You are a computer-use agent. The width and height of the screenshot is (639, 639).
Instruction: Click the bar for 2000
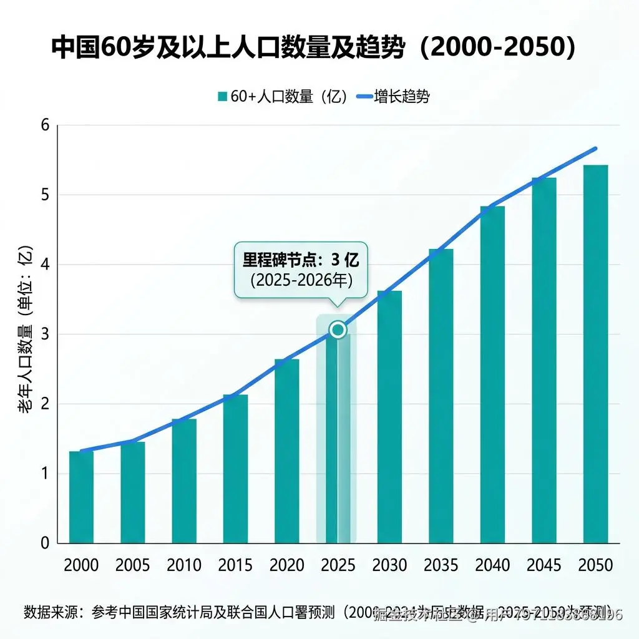click(81, 497)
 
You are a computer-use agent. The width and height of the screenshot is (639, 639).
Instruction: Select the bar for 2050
click(595, 354)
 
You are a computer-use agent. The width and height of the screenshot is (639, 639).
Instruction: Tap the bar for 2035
click(441, 396)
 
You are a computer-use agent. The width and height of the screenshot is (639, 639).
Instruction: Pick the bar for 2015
click(235, 469)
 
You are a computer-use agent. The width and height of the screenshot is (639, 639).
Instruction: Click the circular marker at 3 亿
click(338, 329)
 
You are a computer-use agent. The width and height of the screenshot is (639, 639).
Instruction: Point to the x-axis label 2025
click(338, 565)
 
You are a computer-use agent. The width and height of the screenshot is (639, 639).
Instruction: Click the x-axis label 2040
click(492, 565)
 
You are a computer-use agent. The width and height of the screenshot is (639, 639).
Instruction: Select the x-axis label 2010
click(183, 565)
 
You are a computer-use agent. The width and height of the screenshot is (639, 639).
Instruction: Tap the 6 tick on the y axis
click(44, 125)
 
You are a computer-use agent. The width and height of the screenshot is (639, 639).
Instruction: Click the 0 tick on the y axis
click(44, 543)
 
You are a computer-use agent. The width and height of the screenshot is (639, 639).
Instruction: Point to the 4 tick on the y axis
click(44, 265)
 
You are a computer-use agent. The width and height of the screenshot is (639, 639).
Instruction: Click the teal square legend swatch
click(222, 97)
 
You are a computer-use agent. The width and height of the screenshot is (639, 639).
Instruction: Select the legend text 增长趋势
click(401, 97)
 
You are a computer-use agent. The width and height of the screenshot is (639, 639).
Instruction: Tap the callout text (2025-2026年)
click(301, 280)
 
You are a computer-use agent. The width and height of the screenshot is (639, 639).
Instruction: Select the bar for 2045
click(544, 361)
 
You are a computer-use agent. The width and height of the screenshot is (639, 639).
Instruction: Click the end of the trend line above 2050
click(595, 149)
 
